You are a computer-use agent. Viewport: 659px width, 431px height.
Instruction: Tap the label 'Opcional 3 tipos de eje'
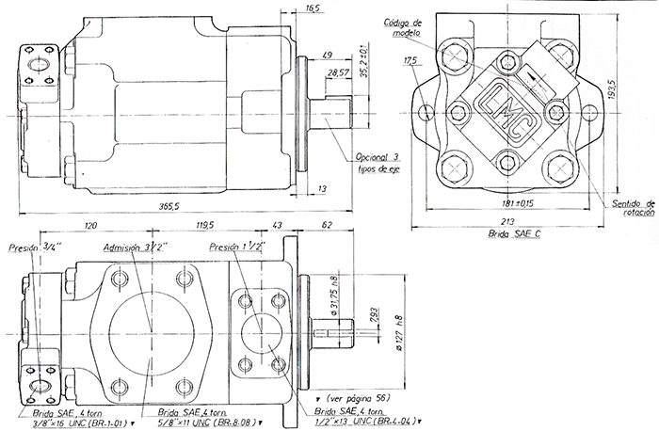coord(378,162)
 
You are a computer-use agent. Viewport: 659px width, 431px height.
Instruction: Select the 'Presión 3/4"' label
coord(34,248)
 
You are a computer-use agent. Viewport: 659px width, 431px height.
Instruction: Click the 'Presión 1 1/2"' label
coord(240,247)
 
